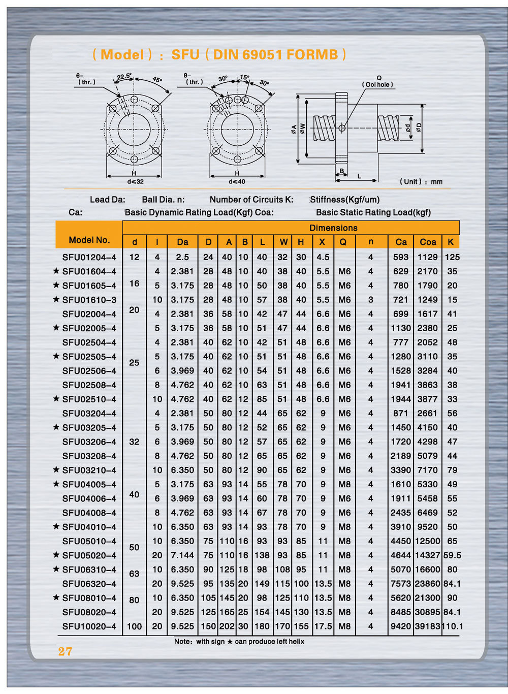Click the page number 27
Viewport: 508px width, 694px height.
pyautogui.click(x=65, y=651)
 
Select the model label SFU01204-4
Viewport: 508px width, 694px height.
pyautogui.click(x=89, y=257)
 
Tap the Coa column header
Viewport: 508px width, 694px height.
pyautogui.click(x=428, y=242)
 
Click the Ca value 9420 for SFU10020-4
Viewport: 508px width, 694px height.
pyautogui.click(x=400, y=626)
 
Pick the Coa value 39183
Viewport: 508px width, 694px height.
pyautogui.click(x=427, y=626)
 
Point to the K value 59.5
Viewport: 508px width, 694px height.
pyautogui.click(x=452, y=555)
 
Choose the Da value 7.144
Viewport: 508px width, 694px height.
pyautogui.click(x=182, y=555)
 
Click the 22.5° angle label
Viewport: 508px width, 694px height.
pyautogui.click(x=124, y=77)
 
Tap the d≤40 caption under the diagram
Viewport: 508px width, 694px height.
pyautogui.click(x=237, y=181)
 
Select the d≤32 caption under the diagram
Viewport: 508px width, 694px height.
pyautogui.click(x=135, y=181)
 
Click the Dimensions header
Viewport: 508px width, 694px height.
pyautogui.click(x=333, y=228)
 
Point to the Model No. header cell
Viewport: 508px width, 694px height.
pyautogui.click(x=89, y=240)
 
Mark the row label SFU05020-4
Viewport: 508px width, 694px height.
pyautogui.click(x=89, y=555)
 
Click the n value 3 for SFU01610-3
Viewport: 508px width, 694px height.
pyautogui.click(x=370, y=300)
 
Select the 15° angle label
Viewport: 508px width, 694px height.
pyautogui.click(x=244, y=78)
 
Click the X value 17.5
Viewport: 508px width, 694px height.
pyautogui.click(x=323, y=626)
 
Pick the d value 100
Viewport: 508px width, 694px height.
pyautogui.click(x=134, y=626)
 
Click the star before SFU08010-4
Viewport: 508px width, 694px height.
pyautogui.click(x=56, y=597)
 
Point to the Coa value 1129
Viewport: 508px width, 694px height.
pyautogui.click(x=427, y=257)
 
